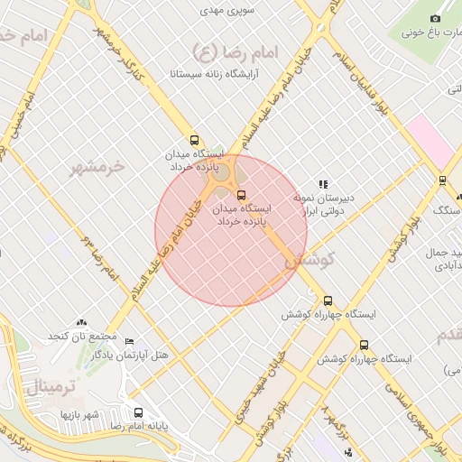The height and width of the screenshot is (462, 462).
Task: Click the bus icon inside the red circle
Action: (x=240, y=195)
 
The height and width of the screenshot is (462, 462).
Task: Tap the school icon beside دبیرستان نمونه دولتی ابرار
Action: (x=323, y=183)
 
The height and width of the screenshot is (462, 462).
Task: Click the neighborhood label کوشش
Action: (x=311, y=259)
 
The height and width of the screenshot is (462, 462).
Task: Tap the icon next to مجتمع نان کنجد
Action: (x=82, y=322)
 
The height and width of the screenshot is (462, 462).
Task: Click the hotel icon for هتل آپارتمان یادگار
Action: (x=129, y=341)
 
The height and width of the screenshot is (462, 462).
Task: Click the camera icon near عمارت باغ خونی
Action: (x=435, y=18)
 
